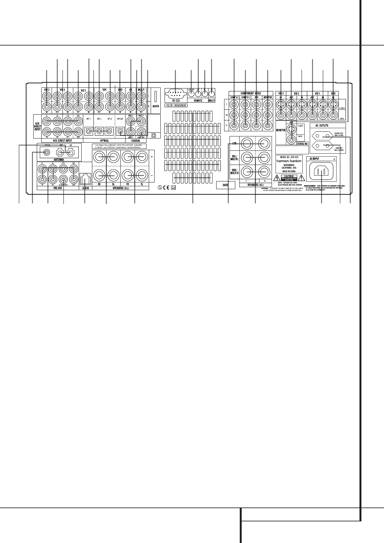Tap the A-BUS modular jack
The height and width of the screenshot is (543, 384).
(85, 177)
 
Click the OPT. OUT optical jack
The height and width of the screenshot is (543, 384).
(120, 131)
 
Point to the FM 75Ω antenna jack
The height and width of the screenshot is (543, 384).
(47, 152)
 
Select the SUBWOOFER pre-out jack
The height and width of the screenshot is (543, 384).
(64, 179)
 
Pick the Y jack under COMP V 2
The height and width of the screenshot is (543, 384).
(234, 104)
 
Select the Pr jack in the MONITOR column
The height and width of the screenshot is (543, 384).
(268, 125)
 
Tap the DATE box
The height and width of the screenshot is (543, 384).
(225, 185)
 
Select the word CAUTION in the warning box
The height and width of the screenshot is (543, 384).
(289, 176)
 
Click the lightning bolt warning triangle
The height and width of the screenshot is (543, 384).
(276, 178)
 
